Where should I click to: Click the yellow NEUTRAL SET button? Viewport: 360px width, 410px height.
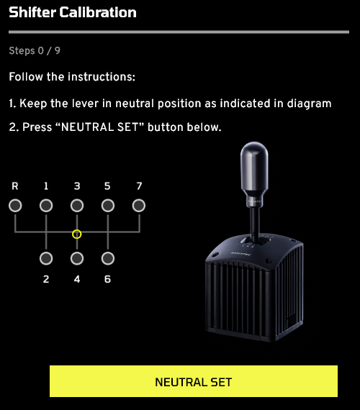(x=194, y=381)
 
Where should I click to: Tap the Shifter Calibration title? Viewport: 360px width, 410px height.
(x=73, y=12)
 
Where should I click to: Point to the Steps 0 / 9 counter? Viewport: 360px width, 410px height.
(x=35, y=50)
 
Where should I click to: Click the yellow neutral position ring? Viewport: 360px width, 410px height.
(x=77, y=234)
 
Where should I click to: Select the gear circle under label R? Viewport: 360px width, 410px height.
(x=15, y=206)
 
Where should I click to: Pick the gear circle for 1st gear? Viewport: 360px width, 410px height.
(x=46, y=206)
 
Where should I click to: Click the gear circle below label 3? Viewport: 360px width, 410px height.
(x=77, y=206)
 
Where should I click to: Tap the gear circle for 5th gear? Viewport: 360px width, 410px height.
(x=108, y=206)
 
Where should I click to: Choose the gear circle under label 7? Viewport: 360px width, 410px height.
(x=139, y=206)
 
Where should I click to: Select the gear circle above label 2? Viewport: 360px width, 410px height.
(x=46, y=258)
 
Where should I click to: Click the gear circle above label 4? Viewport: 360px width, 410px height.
(x=77, y=258)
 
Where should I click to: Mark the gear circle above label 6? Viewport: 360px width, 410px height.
(x=108, y=258)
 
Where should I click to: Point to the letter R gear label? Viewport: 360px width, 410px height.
(x=15, y=186)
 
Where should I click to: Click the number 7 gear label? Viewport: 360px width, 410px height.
(x=139, y=186)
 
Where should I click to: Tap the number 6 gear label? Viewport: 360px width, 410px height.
(x=107, y=279)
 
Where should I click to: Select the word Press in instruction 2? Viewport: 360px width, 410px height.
(x=37, y=127)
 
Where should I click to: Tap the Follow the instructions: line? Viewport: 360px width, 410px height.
(x=72, y=77)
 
